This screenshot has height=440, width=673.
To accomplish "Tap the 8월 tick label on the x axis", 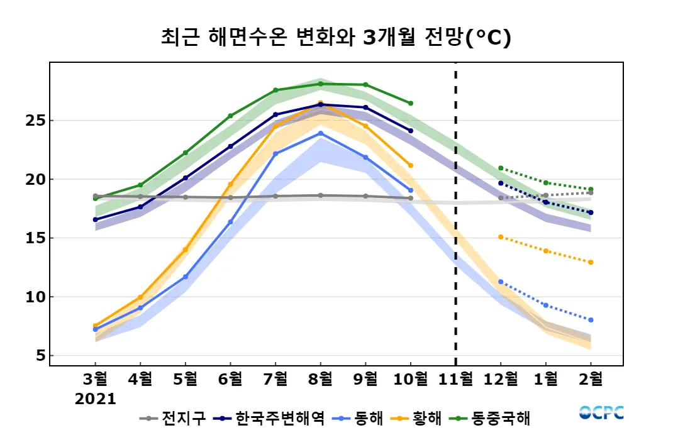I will [x=320, y=379].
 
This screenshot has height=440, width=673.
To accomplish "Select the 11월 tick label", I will [x=455, y=379].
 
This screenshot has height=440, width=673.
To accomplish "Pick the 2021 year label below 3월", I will [x=96, y=399].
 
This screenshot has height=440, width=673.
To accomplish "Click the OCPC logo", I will [x=601, y=413].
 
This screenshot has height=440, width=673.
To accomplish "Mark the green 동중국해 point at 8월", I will [x=320, y=84].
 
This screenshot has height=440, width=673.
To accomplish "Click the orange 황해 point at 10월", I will [x=411, y=165].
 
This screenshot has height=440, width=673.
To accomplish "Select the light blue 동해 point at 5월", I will [x=186, y=277].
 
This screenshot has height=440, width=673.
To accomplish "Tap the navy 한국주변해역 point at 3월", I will [x=96, y=219].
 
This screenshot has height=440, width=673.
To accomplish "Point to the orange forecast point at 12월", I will [x=501, y=237].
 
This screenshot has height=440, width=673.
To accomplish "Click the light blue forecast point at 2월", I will [x=591, y=320].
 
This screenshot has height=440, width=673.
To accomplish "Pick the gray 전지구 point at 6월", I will [x=230, y=197].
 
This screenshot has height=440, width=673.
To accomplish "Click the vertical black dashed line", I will [x=455, y=214].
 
